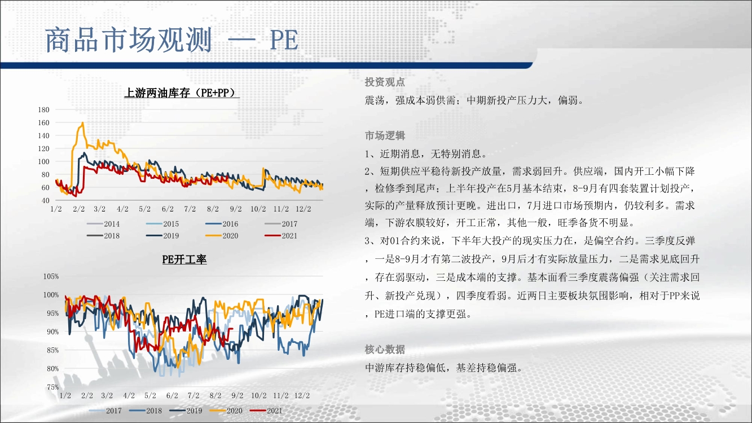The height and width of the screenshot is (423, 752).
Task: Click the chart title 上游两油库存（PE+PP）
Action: (182, 92)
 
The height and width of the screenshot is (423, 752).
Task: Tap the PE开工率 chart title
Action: (184, 259)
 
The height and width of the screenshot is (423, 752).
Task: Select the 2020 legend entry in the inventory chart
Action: (222, 236)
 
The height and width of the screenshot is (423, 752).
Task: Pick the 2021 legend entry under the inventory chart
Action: (281, 236)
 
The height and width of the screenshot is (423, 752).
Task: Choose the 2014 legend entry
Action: (103, 223)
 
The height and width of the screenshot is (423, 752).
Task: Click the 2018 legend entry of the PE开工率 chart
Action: (146, 411)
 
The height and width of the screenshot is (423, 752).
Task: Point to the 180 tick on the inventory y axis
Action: (43, 110)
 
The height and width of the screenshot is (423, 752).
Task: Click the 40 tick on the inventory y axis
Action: (45, 200)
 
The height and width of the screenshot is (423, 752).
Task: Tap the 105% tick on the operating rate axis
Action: (51, 276)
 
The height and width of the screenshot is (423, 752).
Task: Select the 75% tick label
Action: (52, 387)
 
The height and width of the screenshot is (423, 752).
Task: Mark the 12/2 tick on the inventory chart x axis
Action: (303, 209)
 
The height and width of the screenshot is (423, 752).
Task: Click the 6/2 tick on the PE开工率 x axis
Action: (172, 395)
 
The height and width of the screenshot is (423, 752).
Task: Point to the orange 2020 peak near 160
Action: (82, 123)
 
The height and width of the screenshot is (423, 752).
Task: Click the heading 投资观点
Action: (385, 82)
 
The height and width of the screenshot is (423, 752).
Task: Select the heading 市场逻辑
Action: (385, 135)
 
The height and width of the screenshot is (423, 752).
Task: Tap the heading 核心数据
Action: (385, 350)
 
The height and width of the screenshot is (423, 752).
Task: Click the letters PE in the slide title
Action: (284, 41)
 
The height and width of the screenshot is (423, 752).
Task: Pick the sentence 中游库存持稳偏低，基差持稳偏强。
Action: (444, 368)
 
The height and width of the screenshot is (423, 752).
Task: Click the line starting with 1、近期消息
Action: (426, 154)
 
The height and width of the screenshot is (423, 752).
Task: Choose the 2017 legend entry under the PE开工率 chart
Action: (105, 411)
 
